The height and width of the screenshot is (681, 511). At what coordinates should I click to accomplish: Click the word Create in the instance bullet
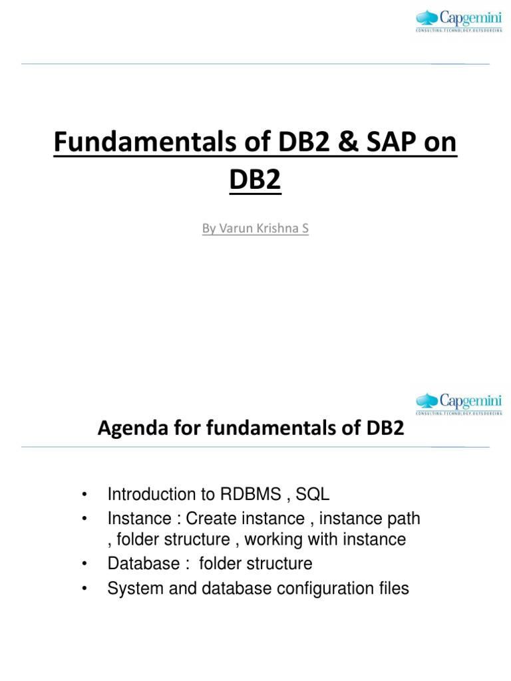coord(212,518)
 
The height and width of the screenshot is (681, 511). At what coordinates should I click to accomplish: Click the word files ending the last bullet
coord(394,589)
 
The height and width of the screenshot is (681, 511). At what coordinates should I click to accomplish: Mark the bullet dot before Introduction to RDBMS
coord(85,495)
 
